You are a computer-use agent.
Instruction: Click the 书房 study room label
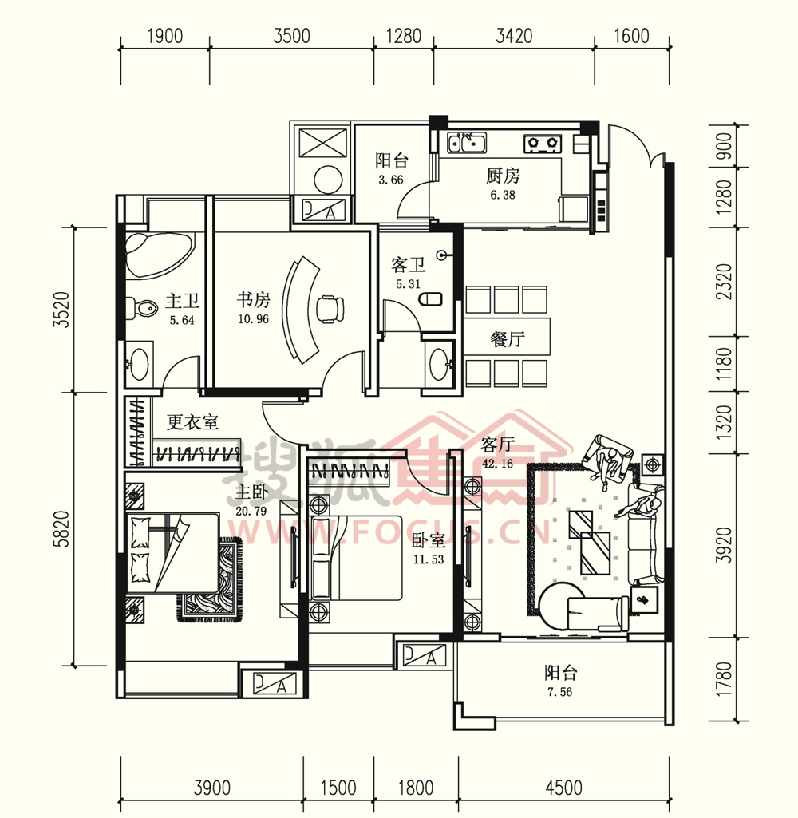[x=254, y=300]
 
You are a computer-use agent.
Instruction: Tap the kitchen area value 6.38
[x=502, y=195]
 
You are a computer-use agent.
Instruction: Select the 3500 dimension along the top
[x=291, y=36]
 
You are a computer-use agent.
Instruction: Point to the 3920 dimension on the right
[x=724, y=545]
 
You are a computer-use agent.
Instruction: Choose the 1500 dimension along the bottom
[x=338, y=788]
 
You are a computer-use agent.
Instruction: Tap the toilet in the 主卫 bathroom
[x=142, y=308]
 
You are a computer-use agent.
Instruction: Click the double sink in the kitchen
[x=466, y=142]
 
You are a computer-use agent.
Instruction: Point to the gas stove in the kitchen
[x=543, y=144]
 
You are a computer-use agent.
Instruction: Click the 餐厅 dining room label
[x=507, y=339]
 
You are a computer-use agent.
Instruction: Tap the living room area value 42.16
[x=498, y=463]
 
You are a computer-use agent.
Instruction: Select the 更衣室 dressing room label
[x=192, y=421]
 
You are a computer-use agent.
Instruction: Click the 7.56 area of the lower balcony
[x=559, y=692]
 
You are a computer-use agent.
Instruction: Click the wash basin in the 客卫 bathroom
[x=439, y=364]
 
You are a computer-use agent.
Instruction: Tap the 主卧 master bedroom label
[x=251, y=492]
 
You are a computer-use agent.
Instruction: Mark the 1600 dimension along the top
[x=631, y=36]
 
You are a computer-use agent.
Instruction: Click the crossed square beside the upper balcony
[x=323, y=141]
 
